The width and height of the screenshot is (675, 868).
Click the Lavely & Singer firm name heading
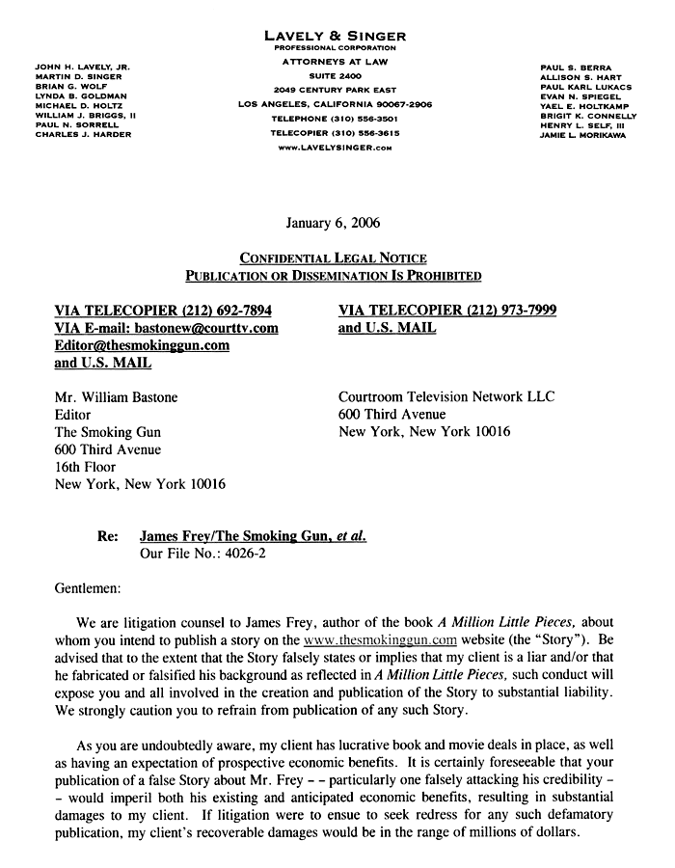(x=335, y=36)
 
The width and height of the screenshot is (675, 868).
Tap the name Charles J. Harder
(x=83, y=134)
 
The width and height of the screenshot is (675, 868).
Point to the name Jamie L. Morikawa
(x=581, y=134)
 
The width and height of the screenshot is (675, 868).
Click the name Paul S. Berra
(x=571, y=67)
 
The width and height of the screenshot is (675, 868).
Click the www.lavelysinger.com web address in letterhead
(x=335, y=149)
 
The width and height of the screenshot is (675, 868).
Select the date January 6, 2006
(x=333, y=223)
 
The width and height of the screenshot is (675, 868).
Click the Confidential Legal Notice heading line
(x=333, y=258)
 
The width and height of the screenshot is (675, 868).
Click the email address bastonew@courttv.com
(x=205, y=328)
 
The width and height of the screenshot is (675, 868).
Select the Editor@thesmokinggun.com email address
(x=142, y=345)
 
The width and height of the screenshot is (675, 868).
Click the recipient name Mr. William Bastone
(x=117, y=397)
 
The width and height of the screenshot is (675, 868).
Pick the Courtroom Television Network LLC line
(x=446, y=397)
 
